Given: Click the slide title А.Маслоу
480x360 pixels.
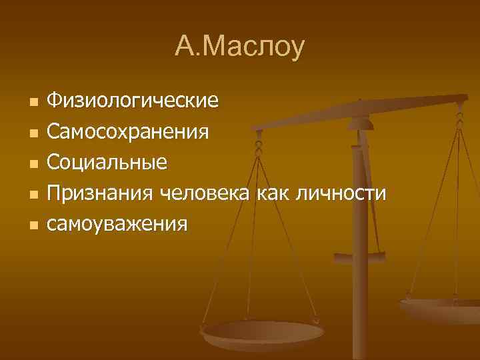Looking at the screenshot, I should [239, 47].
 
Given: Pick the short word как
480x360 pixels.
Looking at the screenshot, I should [278, 193].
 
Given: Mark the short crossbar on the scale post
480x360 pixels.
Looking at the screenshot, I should [359, 256].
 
